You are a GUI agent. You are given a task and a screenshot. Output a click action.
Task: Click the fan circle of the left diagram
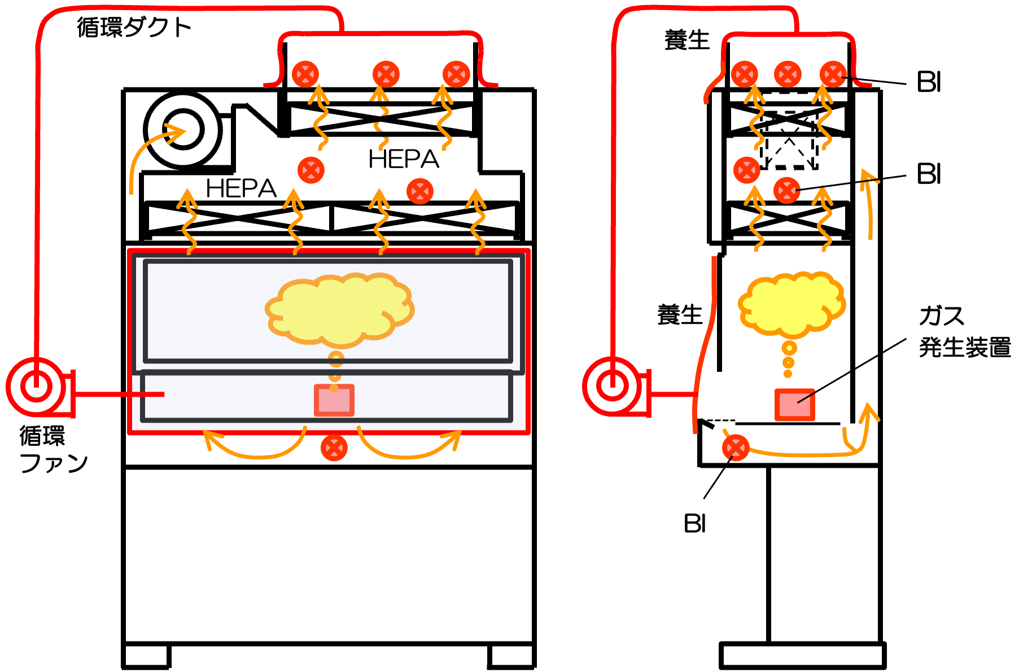tap(36, 387)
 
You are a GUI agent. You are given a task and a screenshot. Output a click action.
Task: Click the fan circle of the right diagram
tap(613, 386)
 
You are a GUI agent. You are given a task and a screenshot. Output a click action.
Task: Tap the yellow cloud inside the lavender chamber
tap(339, 309)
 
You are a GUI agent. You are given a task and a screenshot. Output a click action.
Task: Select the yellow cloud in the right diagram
tap(792, 303)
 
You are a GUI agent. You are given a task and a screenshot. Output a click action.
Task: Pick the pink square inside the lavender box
tap(334, 401)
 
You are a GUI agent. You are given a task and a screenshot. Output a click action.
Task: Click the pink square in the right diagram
tap(794, 405)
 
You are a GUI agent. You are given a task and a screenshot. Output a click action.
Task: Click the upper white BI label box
tap(929, 80)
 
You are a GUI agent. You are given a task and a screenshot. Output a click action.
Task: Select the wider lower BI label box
tap(957, 172)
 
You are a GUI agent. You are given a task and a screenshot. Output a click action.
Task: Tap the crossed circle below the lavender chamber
tap(334, 448)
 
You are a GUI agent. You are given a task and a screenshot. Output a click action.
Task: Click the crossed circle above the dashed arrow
tap(386, 74)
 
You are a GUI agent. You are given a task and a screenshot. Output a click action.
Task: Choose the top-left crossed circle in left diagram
tap(305, 74)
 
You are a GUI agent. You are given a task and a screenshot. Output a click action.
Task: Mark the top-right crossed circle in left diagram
tap(456, 74)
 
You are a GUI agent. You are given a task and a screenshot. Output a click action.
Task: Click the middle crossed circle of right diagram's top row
tap(788, 74)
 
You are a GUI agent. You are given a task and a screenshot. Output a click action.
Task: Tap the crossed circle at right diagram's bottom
tap(736, 448)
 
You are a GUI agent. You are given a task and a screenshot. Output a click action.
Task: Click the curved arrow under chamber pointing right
tap(412, 449)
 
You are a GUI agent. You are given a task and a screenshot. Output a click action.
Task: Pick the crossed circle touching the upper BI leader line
tap(833, 74)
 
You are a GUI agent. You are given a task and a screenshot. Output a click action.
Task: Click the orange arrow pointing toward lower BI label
tap(868, 203)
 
